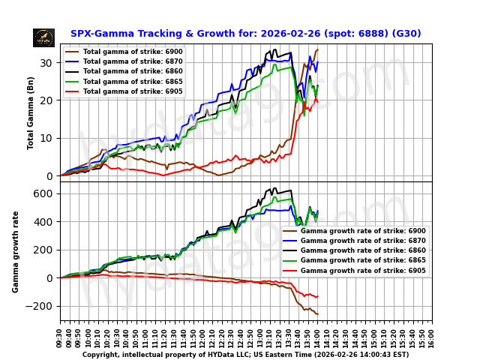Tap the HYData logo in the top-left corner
[x=43, y=37]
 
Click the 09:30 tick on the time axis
[x=61, y=334]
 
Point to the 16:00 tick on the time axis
[x=432, y=334]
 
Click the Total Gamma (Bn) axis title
[x=31, y=112]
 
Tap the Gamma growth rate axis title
[x=16, y=251]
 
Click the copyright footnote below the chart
[x=245, y=355]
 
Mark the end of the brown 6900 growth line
[x=317, y=313]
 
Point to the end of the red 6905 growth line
[x=317, y=297]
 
